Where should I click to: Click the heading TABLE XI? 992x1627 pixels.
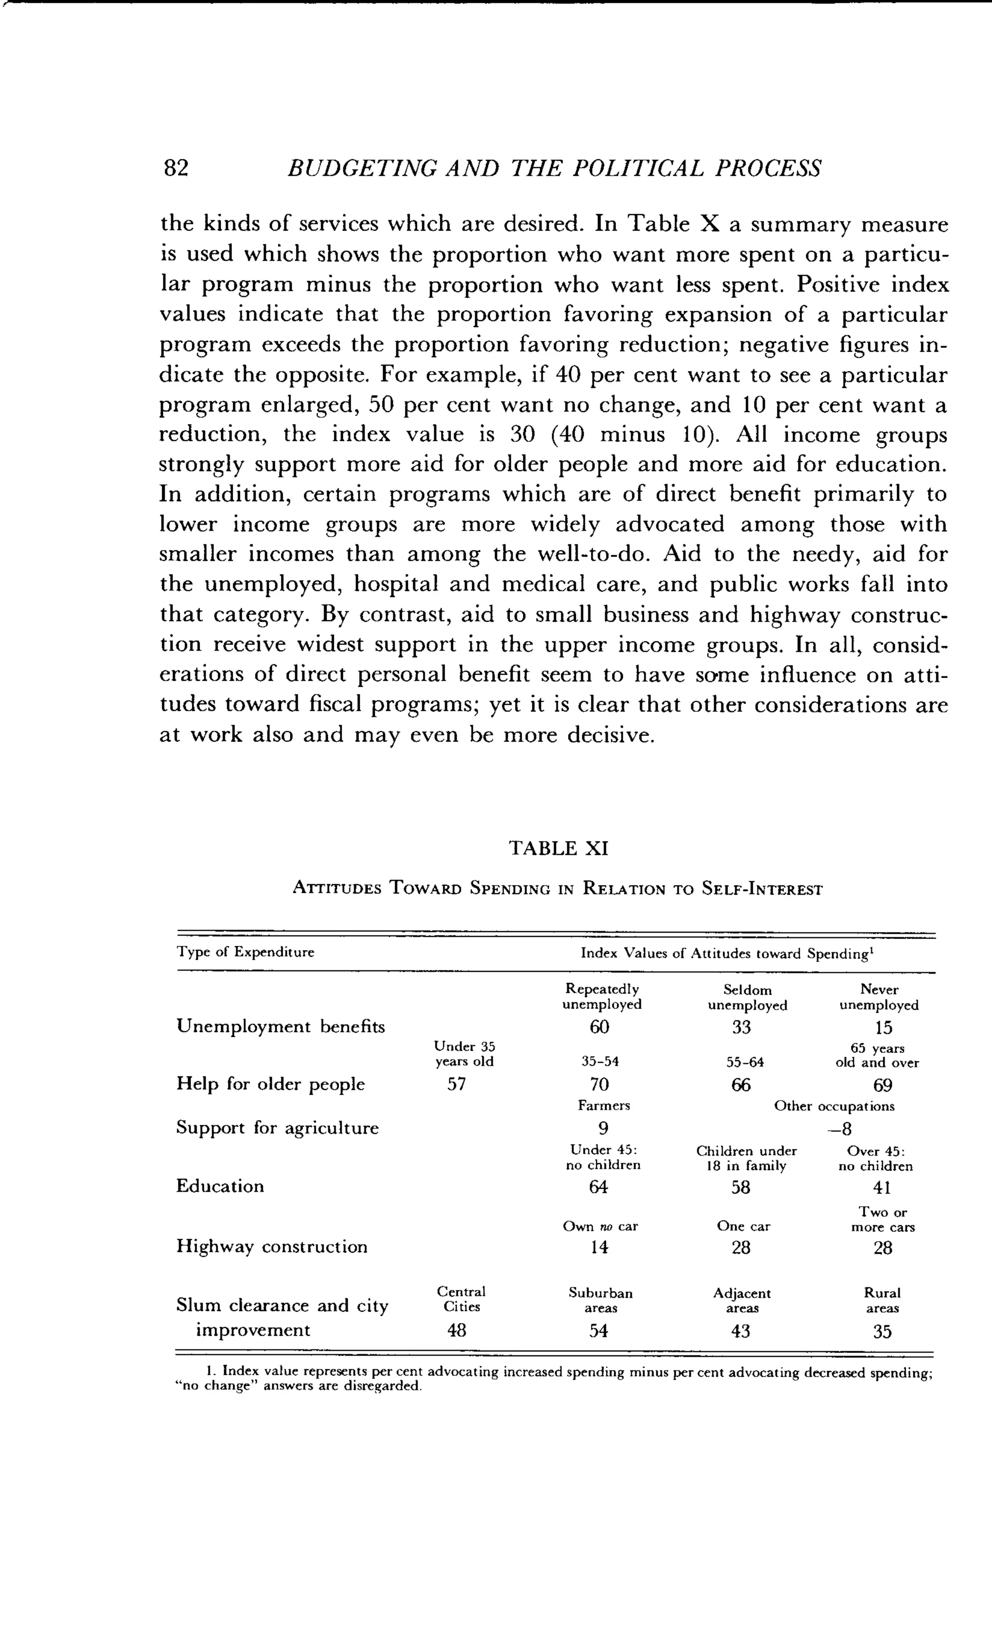click(x=558, y=848)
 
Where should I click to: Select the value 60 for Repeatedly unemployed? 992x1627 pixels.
click(x=600, y=1028)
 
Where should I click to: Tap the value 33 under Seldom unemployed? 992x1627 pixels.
click(x=741, y=1028)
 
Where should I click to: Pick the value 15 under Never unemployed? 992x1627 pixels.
click(x=883, y=1028)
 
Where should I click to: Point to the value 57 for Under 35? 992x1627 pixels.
click(x=456, y=1085)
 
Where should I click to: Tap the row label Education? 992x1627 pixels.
click(x=219, y=1186)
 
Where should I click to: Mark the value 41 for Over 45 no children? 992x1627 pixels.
click(x=882, y=1188)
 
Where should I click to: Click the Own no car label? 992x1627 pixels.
click(x=600, y=1226)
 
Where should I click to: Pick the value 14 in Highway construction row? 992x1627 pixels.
click(x=599, y=1247)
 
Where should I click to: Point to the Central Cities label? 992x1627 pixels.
click(x=461, y=1299)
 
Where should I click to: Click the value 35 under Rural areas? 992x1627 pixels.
click(x=883, y=1332)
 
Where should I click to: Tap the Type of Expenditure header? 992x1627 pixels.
click(x=245, y=952)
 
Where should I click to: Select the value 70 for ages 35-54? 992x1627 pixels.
click(x=600, y=1085)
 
